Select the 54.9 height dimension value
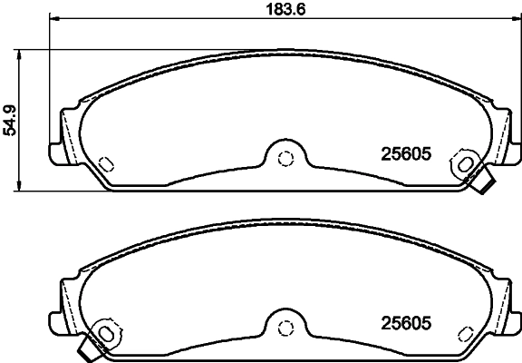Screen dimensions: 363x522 click(12, 119)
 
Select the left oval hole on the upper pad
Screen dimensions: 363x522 click(104, 163)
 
